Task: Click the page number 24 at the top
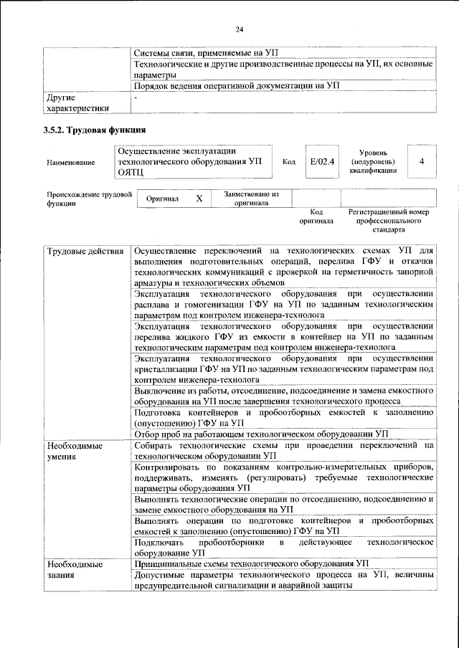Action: [240, 29]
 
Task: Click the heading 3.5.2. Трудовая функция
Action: [95, 130]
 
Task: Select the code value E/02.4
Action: [320, 162]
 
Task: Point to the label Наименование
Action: [70, 163]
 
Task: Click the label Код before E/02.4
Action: [289, 162]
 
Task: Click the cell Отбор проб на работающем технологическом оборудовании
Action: [261, 434]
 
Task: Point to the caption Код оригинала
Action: [316, 216]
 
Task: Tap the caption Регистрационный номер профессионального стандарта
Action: [388, 221]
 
